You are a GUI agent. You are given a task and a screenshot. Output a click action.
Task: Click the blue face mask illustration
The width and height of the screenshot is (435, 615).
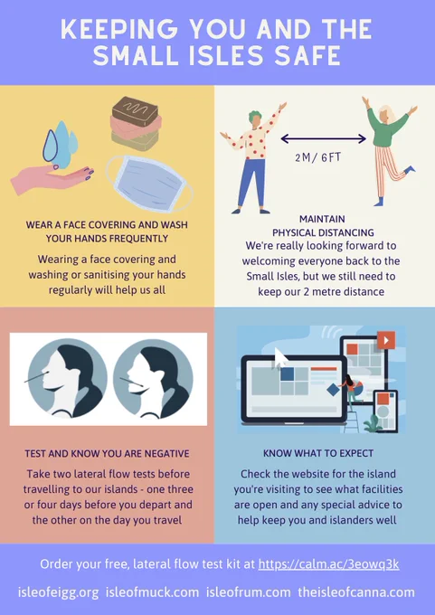pos(149,183)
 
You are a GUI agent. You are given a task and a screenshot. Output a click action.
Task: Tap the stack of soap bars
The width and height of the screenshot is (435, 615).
pos(136,124)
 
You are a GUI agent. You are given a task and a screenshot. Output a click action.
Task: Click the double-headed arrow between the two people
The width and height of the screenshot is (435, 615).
pos(324,138)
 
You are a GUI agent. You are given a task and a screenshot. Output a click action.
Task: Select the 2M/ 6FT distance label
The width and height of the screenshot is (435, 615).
pos(318,157)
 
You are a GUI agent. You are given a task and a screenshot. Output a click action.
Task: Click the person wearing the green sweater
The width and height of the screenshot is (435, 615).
pos(388,151)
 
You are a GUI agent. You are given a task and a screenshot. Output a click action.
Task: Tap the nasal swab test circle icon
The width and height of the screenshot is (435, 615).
pos(67,378)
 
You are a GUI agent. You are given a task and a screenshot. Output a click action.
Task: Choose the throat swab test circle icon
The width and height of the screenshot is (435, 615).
pos(153,378)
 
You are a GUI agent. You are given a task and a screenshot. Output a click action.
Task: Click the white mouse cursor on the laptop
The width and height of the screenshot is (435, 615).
pos(281,358)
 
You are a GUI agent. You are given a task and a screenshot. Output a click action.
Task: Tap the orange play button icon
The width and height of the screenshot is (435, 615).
pos(386,340)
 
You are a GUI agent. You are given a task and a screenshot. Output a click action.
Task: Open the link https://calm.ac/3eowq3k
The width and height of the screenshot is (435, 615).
pos(328,564)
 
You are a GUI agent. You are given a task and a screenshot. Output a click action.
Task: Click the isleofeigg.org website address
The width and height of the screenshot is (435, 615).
pos(58,591)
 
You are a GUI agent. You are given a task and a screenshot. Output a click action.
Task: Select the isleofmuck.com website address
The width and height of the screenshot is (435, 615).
pos(152,591)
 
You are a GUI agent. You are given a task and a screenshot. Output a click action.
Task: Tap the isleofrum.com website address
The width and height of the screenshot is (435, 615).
pos(249,591)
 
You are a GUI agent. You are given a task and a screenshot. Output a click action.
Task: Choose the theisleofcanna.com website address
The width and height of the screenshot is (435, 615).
pos(356,591)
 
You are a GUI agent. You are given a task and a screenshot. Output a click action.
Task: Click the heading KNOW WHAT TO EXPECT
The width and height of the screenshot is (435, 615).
pos(318,453)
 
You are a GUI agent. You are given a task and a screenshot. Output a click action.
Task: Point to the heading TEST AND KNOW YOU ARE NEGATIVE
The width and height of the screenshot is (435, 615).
pos(107,454)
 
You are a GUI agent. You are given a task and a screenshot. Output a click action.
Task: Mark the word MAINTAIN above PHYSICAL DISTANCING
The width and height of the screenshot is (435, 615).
pos(323,219)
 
